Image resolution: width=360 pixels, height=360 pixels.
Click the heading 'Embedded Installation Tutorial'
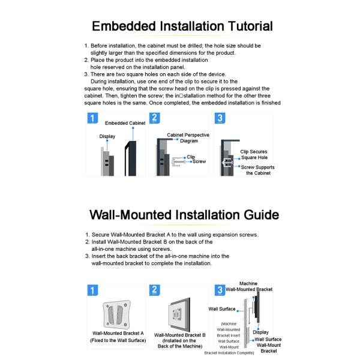tap(182, 26)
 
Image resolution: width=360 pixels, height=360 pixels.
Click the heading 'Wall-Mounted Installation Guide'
tap(183, 214)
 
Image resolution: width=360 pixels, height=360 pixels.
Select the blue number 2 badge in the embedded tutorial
tap(155, 118)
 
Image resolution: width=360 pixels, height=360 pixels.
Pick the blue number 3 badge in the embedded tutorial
tap(219, 118)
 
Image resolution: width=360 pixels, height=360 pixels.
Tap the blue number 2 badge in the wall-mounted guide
tap(155, 290)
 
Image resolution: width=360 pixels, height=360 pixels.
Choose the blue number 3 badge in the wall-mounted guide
tap(220, 290)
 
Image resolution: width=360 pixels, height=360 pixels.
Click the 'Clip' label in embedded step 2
tap(191, 157)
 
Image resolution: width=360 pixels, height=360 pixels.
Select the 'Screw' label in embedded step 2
tap(199, 162)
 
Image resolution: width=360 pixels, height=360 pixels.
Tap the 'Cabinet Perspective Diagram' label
tap(188, 138)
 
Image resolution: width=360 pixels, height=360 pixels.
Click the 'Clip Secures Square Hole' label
tap(253, 155)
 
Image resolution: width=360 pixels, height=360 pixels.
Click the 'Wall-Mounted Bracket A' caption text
tap(118, 333)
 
